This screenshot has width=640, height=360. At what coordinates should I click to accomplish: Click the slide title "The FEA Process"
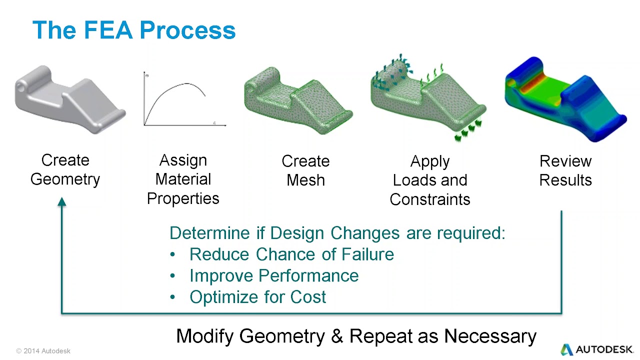click(x=133, y=30)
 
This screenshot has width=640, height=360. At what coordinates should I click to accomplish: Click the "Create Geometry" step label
click(x=65, y=169)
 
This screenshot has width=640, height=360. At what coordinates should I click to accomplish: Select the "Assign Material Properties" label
click(x=183, y=179)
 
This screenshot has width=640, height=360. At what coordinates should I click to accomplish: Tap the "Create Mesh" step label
click(x=305, y=170)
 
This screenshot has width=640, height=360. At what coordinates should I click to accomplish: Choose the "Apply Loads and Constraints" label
click(x=429, y=180)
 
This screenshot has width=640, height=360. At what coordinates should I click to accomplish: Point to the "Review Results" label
click(x=565, y=170)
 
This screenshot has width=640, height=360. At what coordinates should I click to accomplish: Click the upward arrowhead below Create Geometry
click(x=62, y=202)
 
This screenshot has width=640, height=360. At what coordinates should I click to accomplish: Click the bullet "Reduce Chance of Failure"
click(x=291, y=254)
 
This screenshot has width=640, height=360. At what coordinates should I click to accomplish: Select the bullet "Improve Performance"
click(x=274, y=276)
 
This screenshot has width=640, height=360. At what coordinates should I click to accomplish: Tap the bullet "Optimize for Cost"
click(x=257, y=297)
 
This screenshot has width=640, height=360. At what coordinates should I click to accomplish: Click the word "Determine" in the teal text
click(x=209, y=233)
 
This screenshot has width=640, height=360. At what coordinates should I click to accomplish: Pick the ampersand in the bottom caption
click(x=336, y=336)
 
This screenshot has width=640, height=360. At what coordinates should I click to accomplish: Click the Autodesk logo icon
click(x=566, y=349)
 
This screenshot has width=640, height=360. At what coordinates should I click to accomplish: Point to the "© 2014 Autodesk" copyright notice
click(x=43, y=351)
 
